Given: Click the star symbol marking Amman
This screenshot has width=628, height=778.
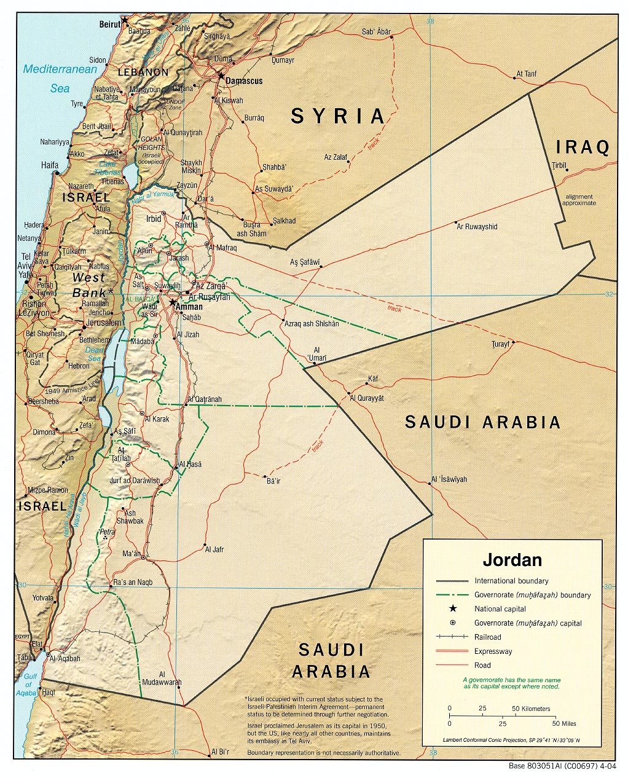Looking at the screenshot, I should pos(173,303).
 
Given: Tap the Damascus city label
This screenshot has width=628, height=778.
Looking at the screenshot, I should pos(244,81).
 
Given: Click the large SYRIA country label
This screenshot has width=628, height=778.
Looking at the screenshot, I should pos(337,116).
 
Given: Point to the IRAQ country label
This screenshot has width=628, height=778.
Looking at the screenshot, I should pos(583,147).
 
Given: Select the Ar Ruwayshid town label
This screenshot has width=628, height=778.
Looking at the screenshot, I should pos(477,227).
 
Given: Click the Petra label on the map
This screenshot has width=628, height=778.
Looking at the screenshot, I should pos(107,531).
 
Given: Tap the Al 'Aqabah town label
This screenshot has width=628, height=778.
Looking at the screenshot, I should pos(65,658).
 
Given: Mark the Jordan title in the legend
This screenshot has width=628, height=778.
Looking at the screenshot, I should pos(512,560).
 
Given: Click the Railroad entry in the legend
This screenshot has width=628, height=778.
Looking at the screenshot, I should pos(488,637).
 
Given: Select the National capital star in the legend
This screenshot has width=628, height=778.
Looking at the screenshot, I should pos(452,609).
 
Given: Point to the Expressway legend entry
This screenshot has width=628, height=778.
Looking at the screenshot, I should pos(493,651).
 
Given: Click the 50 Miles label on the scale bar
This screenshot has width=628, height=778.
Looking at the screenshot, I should pos(565,723).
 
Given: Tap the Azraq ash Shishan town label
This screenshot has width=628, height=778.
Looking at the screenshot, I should pos(312,324).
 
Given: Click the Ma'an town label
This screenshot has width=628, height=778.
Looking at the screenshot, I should pos(131,554).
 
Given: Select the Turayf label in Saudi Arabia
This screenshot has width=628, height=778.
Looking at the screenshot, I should pos(501,345).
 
